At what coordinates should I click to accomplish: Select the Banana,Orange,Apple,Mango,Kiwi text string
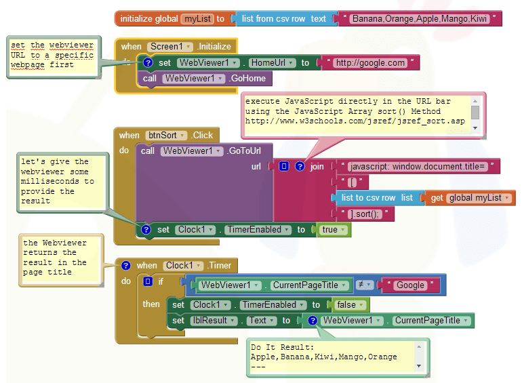(x=421, y=18)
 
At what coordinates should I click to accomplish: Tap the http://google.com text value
(x=369, y=63)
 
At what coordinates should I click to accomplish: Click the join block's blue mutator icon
(x=284, y=166)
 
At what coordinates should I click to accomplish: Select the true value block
(x=334, y=230)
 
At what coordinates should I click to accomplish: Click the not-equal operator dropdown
(x=364, y=285)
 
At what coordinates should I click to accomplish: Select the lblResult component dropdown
(x=213, y=321)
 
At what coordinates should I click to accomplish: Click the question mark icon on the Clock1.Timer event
(x=126, y=266)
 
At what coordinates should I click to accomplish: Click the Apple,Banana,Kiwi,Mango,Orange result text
(x=323, y=356)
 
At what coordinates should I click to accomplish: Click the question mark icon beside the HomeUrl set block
(x=148, y=63)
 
